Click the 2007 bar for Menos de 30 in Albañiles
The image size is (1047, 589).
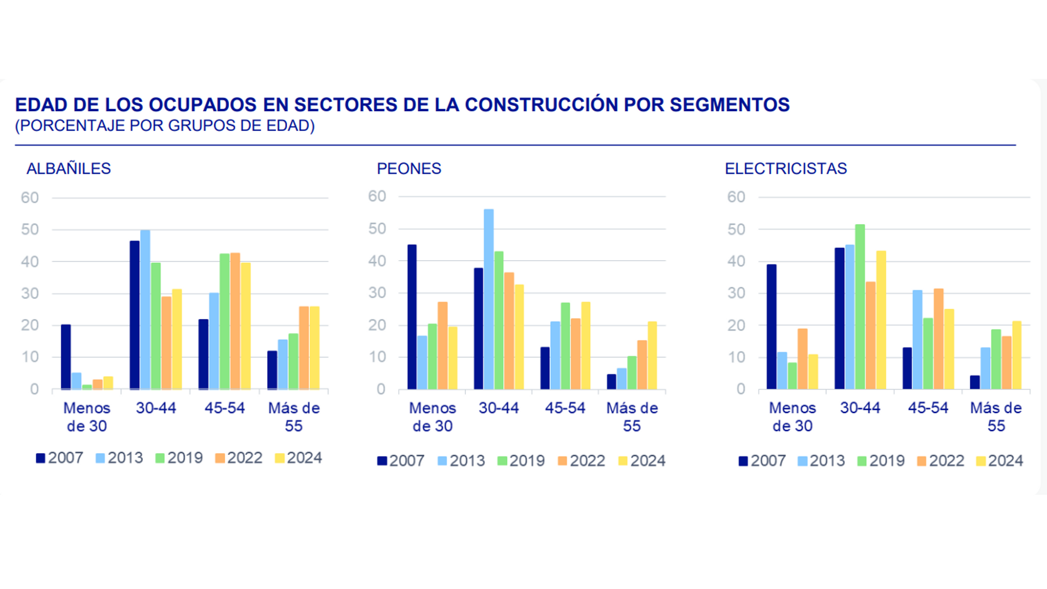tap(66, 357)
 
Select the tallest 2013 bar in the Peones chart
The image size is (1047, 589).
tap(489, 299)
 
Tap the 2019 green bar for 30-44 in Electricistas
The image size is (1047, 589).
tap(860, 306)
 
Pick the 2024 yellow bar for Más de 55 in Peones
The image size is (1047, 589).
tap(652, 355)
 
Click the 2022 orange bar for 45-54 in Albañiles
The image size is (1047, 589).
tap(235, 321)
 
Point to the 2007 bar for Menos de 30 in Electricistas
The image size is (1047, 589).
tap(772, 327)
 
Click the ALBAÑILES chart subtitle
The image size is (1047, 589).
tap(69, 169)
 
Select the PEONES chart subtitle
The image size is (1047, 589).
tap(409, 169)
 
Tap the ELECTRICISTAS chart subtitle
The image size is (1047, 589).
tap(786, 169)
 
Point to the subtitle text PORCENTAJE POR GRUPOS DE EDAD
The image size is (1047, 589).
tap(165, 126)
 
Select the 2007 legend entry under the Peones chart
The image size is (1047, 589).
tap(401, 461)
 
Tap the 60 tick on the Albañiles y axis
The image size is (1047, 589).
tap(30, 197)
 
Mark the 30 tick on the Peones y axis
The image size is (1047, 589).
tap(377, 293)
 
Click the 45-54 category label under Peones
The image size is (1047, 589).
tap(565, 408)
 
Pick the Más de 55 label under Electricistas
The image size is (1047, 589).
tap(996, 417)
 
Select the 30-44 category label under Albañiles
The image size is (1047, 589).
tap(156, 408)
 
